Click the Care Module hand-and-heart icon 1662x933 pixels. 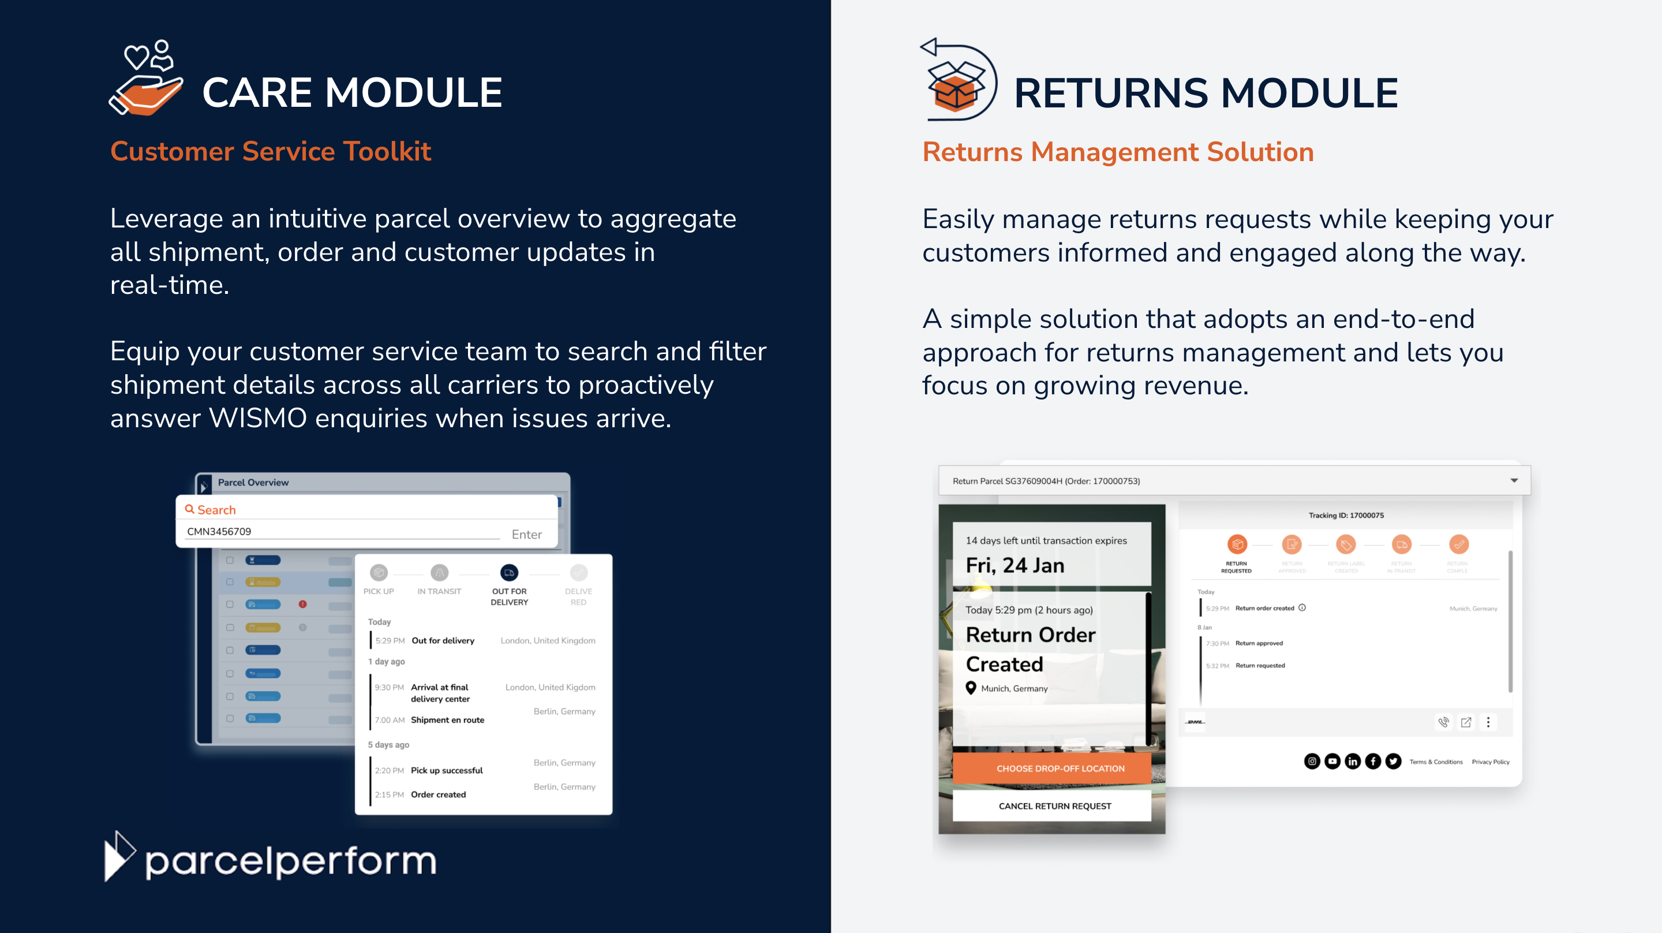pos(147,79)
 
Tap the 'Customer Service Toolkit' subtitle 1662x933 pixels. pos(270,152)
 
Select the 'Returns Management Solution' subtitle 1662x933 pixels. pos(1117,152)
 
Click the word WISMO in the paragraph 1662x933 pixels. pos(257,419)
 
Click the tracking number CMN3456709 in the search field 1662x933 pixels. pos(219,531)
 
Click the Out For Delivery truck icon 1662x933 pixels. pos(509,573)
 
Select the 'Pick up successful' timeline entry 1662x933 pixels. pos(447,770)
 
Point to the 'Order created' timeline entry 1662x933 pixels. pos(438,794)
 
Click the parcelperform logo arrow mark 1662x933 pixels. pos(119,856)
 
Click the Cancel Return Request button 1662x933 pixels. pos(1054,806)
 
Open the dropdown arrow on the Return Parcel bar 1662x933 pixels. pos(1514,480)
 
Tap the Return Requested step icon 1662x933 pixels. pos(1237,545)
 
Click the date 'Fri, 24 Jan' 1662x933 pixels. pos(1015,566)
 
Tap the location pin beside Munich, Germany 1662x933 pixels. pos(970,688)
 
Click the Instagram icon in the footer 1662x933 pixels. pos(1312,762)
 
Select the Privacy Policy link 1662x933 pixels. pos(1491,762)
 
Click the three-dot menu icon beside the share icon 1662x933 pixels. pos(1488,722)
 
